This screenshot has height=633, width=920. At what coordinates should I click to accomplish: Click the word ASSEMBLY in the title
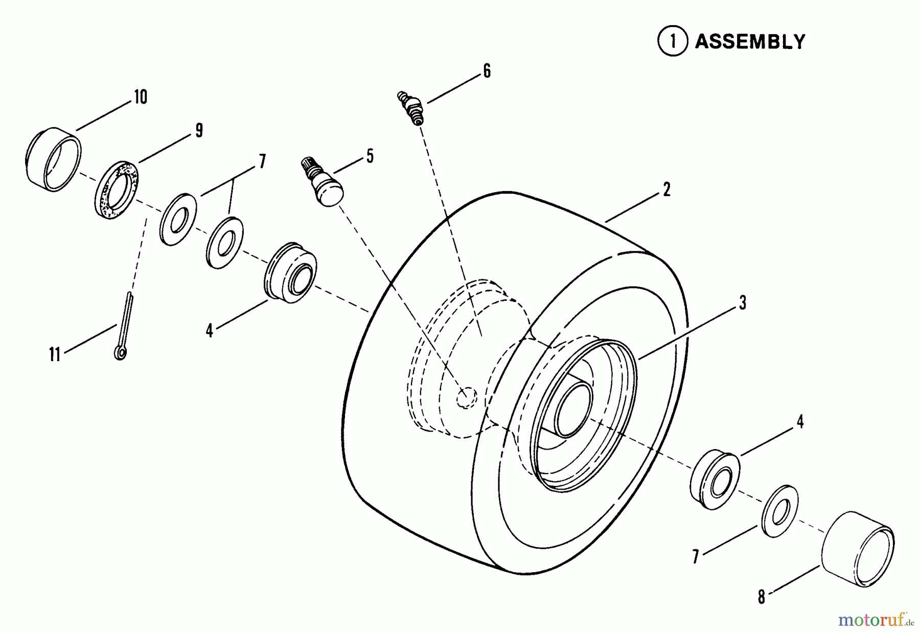pyautogui.click(x=750, y=42)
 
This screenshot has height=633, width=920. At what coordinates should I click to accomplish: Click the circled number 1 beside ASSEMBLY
pyautogui.click(x=672, y=41)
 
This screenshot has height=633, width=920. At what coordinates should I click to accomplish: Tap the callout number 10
pyautogui.click(x=141, y=97)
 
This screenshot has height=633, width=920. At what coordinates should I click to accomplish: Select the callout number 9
pyautogui.click(x=199, y=130)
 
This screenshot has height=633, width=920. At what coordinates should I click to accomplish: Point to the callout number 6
pyautogui.click(x=487, y=71)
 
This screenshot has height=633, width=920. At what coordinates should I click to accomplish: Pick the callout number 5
pyautogui.click(x=370, y=156)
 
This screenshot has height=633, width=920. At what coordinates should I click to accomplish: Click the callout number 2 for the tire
pyautogui.click(x=666, y=190)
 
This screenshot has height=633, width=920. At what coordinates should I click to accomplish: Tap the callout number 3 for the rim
pyautogui.click(x=743, y=302)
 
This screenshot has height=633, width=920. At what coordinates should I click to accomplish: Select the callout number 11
pyautogui.click(x=55, y=355)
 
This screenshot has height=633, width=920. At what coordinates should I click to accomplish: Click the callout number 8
pyautogui.click(x=762, y=597)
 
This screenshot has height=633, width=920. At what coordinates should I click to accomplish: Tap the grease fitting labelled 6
pyautogui.click(x=411, y=108)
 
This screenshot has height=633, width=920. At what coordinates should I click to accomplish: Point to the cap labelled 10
pyautogui.click(x=53, y=159)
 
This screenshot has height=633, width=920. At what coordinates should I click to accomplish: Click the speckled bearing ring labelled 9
pyautogui.click(x=117, y=190)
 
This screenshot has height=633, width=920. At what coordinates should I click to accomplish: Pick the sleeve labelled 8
pyautogui.click(x=858, y=549)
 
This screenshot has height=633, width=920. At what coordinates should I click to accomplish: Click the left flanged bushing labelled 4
pyautogui.click(x=290, y=273)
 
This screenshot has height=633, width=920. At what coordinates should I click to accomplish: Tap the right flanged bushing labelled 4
pyautogui.click(x=715, y=479)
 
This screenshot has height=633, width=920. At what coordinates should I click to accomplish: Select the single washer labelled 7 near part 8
pyautogui.click(x=780, y=511)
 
